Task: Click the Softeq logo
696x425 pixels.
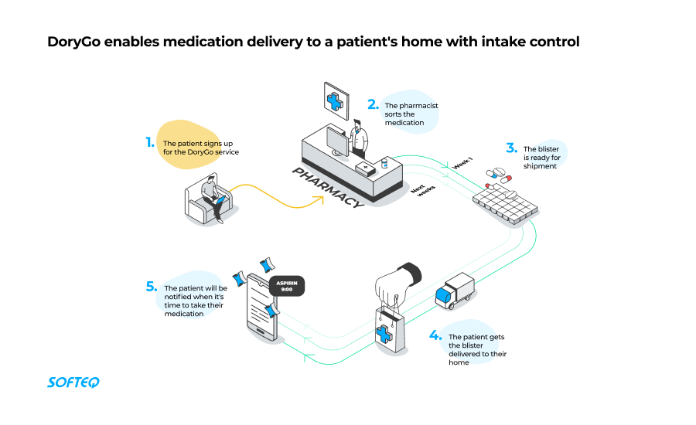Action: tap(73, 382)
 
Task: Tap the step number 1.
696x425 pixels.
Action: tap(150, 142)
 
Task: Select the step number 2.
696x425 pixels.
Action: tap(373, 104)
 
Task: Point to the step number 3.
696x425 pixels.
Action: tap(511, 148)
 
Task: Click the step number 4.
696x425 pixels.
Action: tap(435, 336)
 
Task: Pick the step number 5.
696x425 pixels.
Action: tap(152, 287)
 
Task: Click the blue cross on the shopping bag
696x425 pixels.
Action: tap(384, 334)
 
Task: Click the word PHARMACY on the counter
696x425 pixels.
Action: tap(327, 186)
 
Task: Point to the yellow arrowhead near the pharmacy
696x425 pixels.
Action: tap(319, 199)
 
